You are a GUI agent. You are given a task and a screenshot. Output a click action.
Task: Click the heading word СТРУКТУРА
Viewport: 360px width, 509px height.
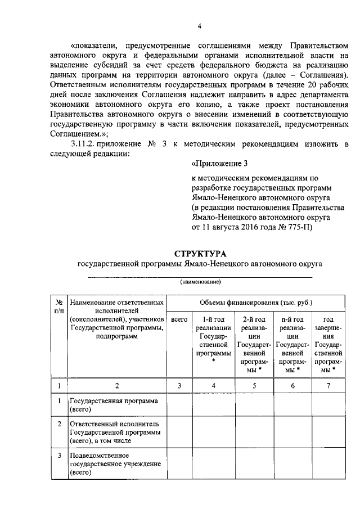(x=200, y=254)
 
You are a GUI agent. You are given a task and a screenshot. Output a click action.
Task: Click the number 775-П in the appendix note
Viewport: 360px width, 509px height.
(x=303, y=228)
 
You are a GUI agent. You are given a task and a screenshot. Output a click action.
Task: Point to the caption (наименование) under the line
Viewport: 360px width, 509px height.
(x=200, y=281)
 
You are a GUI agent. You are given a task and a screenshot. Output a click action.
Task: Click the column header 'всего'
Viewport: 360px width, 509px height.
(x=179, y=319)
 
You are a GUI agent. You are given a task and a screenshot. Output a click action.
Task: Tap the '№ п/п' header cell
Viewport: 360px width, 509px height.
(x=58, y=306)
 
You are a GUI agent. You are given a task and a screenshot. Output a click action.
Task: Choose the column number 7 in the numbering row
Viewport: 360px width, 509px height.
(x=328, y=385)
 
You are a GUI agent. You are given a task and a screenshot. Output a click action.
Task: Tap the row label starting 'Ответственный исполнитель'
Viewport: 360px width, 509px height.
(x=115, y=432)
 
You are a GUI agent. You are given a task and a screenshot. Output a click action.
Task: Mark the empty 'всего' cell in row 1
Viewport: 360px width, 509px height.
(x=179, y=406)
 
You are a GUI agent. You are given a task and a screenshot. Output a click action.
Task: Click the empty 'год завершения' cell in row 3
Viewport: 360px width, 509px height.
(x=328, y=464)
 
